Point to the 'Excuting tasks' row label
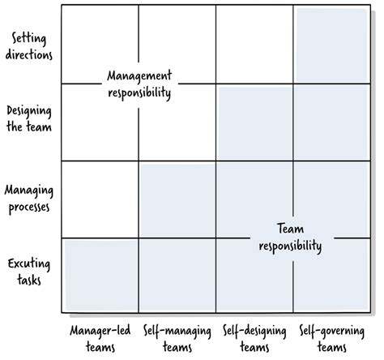pos(28,272)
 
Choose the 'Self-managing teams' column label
pos(175,340)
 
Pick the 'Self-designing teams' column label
pos(253,340)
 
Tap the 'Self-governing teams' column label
pos(332,340)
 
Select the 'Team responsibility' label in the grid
pos(290,238)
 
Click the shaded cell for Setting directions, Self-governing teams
pos(332,45)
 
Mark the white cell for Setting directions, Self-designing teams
pos(254,45)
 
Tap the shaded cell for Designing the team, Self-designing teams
pos(254,122)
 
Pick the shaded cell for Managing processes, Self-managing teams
pos(177,199)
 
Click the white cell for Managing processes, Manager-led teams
pos(100,199)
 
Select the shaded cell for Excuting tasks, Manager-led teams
pos(100,276)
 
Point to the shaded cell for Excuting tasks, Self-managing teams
pos(177,276)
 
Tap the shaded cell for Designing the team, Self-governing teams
pos(332,122)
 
